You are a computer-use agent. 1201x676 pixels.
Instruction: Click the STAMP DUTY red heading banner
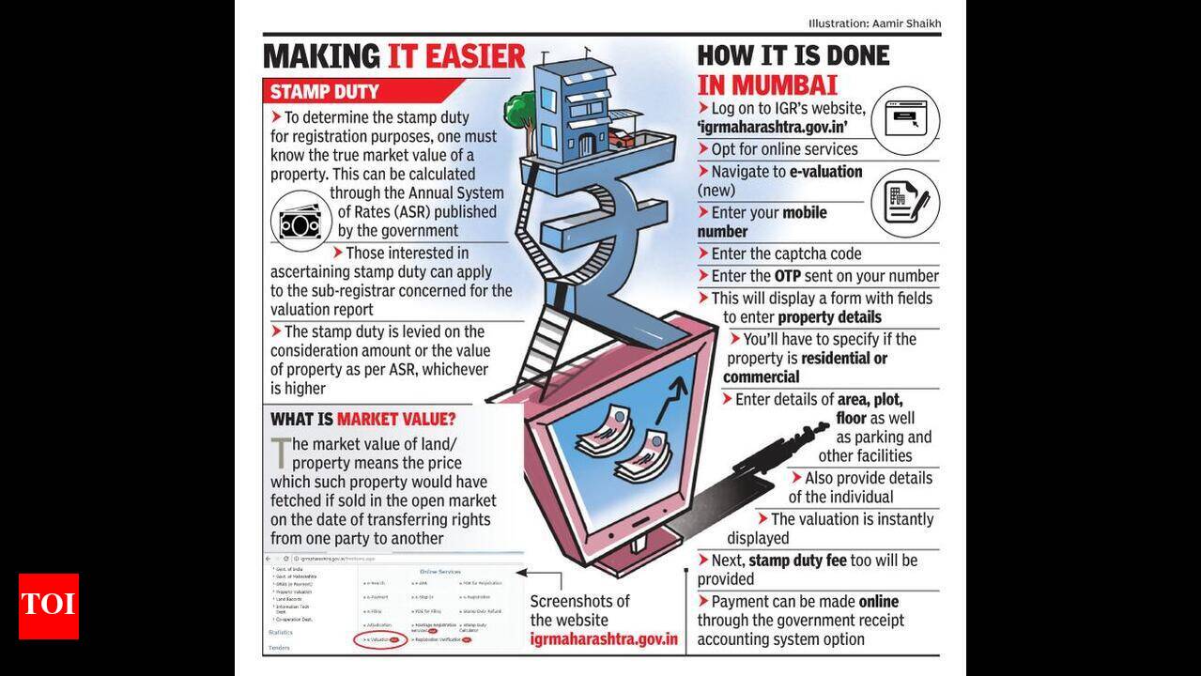pos(325,92)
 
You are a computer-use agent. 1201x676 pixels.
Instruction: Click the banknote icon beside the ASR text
pos(300,222)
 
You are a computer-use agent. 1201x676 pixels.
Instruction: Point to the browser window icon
pos(905,120)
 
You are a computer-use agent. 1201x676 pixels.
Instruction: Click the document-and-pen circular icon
pos(905,201)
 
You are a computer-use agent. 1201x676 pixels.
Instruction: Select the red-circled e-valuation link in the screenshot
pos(381,638)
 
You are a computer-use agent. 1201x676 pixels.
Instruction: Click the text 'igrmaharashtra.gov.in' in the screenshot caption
pos(604,639)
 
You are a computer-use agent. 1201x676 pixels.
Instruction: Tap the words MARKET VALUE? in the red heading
pos(396,419)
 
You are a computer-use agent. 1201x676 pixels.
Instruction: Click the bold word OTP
pos(786,276)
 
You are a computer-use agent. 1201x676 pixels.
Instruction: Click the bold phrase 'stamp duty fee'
pos(797,561)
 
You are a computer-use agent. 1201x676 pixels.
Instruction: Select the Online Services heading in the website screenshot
pos(439,571)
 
